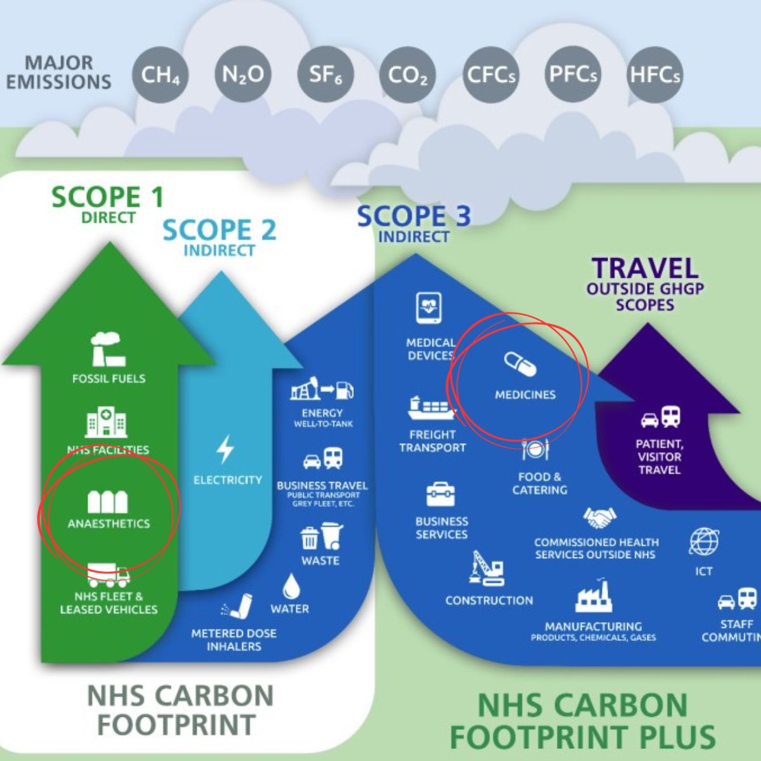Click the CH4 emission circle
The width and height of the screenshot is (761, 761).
pos(160,75)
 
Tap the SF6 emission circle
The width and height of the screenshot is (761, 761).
pos(325,75)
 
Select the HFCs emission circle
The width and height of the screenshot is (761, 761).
pos(654,75)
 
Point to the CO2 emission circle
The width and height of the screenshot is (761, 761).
pos(407,75)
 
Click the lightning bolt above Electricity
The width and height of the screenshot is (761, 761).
pos(225,449)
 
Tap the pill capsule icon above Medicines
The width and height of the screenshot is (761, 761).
pos(520,365)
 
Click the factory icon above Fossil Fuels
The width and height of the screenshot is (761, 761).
pos(107,349)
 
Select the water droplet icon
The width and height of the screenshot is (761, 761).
pos(291,587)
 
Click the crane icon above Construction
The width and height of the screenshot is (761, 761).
pos(487,568)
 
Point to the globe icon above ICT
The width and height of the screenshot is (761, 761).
pos(704,542)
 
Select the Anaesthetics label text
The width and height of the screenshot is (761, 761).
pos(108,524)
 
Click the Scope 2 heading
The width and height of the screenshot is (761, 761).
pos(219,230)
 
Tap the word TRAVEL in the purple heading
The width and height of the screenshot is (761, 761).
pos(645,269)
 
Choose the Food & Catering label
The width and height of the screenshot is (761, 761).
pos(540,483)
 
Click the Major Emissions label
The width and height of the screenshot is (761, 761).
pos(59,72)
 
